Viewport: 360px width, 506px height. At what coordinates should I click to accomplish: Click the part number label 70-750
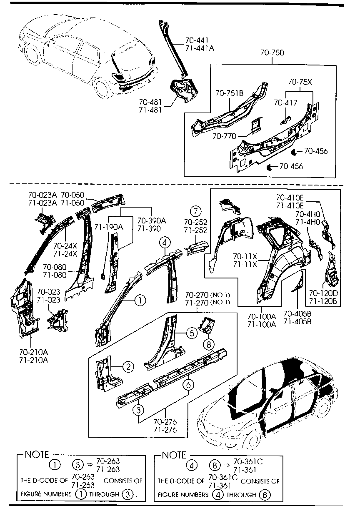(x=272, y=53)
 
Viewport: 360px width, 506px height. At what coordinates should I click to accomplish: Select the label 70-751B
(x=229, y=93)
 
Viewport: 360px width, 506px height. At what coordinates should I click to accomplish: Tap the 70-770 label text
(x=224, y=136)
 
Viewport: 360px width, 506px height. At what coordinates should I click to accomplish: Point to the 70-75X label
(x=300, y=82)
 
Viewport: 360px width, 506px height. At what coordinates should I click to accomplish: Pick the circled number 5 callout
(x=191, y=333)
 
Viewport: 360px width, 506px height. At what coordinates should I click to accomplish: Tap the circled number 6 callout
(x=188, y=385)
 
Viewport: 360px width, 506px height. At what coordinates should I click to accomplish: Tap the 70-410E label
(x=290, y=197)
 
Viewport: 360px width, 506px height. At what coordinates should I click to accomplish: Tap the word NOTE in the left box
(x=37, y=454)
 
